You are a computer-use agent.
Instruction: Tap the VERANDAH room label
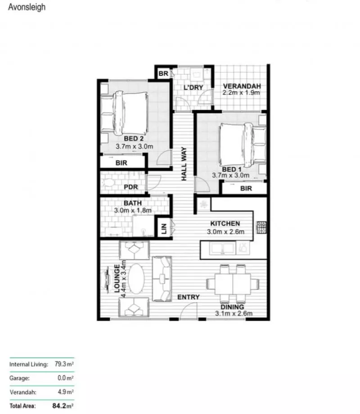click(x=242, y=86)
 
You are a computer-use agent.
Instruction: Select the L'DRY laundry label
click(x=193, y=87)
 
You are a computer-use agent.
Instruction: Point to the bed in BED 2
click(x=131, y=111)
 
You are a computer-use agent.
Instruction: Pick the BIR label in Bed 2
click(x=121, y=163)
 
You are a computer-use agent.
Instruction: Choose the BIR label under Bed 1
click(x=246, y=189)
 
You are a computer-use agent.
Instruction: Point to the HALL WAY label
click(x=184, y=165)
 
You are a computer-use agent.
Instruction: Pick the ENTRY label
click(x=188, y=298)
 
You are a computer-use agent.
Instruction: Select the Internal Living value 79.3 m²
click(x=64, y=365)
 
